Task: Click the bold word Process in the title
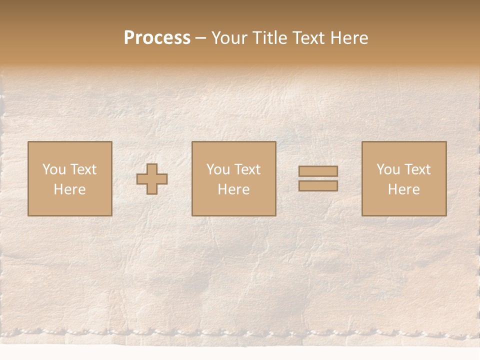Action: pyautogui.click(x=157, y=38)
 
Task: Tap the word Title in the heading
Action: pyautogui.click(x=270, y=38)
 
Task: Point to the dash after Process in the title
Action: pyautogui.click(x=201, y=38)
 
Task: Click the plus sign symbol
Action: pyautogui.click(x=152, y=179)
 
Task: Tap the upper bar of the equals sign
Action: pyautogui.click(x=318, y=171)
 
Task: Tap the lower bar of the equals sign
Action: pyautogui.click(x=318, y=186)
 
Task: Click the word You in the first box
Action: pyautogui.click(x=54, y=169)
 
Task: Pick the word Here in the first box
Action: pyautogui.click(x=69, y=189)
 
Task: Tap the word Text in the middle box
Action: pyautogui.click(x=247, y=169)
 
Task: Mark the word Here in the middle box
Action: pyautogui.click(x=233, y=189)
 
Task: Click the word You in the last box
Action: pyautogui.click(x=388, y=169)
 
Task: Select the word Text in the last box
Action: pyautogui.click(x=417, y=169)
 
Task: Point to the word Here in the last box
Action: pyautogui.click(x=403, y=189)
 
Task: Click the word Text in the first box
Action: pyautogui.click(x=83, y=169)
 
